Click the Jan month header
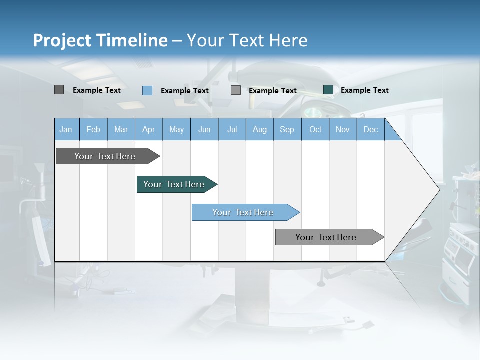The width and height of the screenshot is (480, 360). (66, 129)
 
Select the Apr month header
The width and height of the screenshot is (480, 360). (148, 129)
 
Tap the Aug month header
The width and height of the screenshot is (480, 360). (259, 129)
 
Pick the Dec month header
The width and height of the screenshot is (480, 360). (370, 129)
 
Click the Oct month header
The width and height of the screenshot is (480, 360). (315, 129)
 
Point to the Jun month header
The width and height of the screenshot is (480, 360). (204, 129)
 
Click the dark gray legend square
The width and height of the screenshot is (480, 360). (59, 90)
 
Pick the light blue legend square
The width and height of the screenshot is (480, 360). (147, 90)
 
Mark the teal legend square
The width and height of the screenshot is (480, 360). (328, 90)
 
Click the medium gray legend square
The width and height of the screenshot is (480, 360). (236, 90)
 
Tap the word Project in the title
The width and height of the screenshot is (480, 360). (62, 40)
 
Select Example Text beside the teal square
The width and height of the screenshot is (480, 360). (364, 90)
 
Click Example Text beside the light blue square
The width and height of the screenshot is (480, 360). (184, 90)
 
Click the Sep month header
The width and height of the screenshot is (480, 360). (287, 129)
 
